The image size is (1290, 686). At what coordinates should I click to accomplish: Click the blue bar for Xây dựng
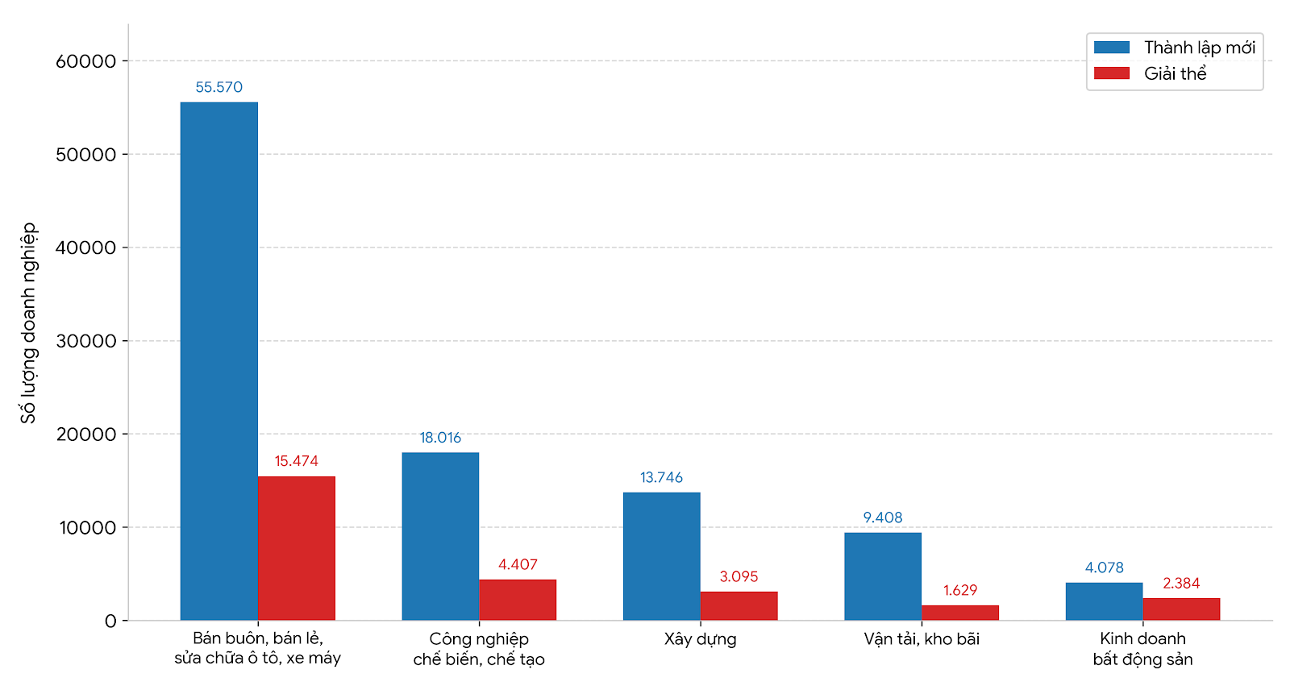(662, 556)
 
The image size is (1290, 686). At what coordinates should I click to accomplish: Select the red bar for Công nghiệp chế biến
(518, 600)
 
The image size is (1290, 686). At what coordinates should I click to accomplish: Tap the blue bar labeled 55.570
(218, 361)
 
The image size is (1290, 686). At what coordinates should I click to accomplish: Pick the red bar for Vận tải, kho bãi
(960, 613)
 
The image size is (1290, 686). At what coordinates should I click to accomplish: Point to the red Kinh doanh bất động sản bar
(1181, 609)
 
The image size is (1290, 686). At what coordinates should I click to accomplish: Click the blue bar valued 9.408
(883, 576)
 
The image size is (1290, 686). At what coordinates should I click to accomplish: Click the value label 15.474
(296, 461)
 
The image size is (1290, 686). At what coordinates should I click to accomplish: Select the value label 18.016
(440, 438)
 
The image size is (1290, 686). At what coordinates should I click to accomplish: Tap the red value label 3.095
(739, 576)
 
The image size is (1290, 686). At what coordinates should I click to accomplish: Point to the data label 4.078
(1104, 568)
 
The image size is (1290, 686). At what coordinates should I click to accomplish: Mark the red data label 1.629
(960, 590)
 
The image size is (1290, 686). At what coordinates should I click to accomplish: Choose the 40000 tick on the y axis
(85, 247)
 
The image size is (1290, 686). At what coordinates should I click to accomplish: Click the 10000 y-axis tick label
(88, 528)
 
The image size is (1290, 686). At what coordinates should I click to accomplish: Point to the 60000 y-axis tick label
(85, 61)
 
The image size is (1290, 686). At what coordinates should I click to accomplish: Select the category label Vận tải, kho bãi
(922, 639)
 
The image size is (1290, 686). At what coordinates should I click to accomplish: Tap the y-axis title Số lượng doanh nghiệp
(28, 323)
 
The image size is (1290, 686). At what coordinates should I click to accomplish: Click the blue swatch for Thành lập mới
(1112, 48)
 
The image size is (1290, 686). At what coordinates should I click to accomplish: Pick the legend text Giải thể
(1175, 73)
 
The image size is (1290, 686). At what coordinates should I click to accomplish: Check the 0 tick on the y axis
(110, 621)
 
